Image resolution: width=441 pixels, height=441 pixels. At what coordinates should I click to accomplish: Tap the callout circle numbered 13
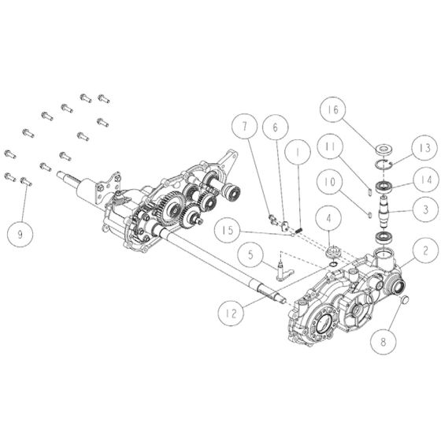point(424,147)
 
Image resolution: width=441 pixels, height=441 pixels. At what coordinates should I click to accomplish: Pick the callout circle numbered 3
point(424,209)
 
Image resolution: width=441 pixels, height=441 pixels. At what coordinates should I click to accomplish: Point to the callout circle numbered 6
point(275,127)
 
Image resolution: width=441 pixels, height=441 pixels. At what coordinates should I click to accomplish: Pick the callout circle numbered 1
point(298,146)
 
